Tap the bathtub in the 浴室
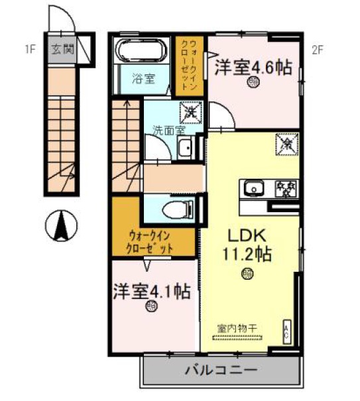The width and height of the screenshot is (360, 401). tap(141, 52)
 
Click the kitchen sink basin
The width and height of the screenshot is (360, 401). tap(253, 190)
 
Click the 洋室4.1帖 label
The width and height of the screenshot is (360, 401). tap(152, 291)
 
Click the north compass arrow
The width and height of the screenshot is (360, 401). tap(62, 227)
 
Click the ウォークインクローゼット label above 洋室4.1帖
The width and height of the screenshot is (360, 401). tap(151, 241)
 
